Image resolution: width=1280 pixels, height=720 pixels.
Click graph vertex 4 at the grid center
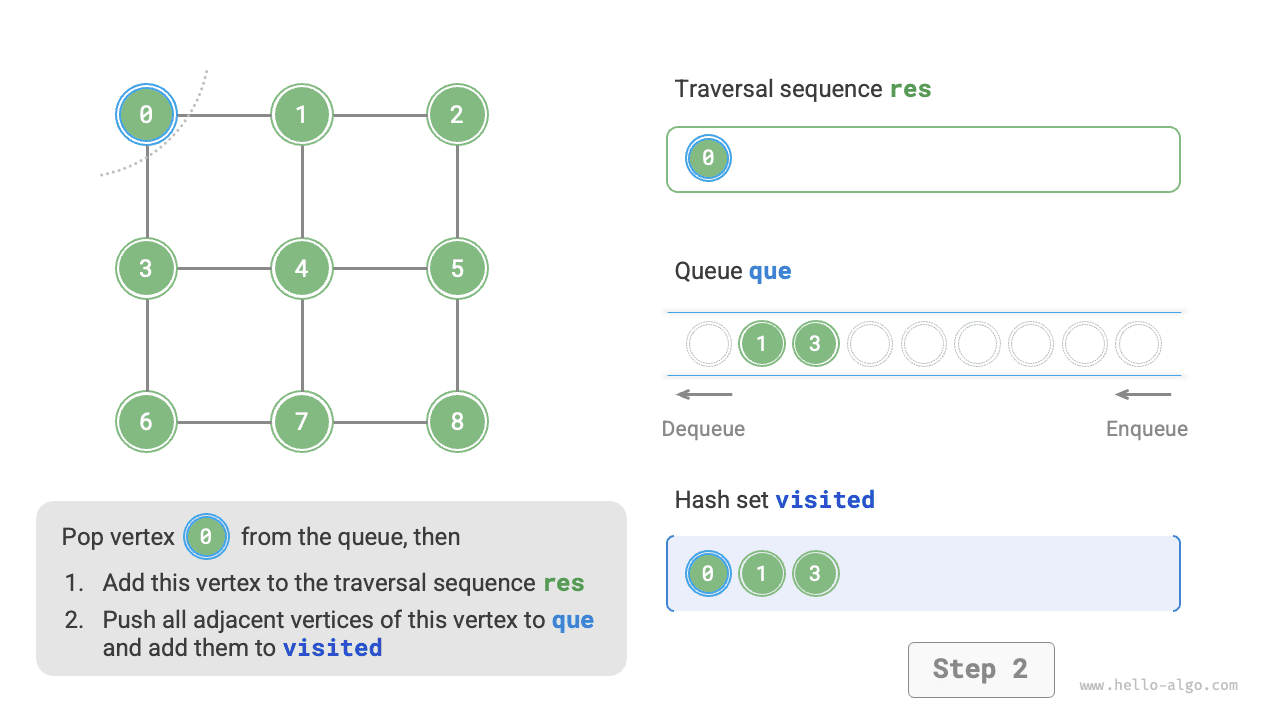(301, 268)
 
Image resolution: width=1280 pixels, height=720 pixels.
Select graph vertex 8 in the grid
(457, 422)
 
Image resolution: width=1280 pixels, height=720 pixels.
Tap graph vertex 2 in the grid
(457, 114)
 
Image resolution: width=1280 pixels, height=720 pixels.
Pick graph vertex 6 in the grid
(146, 422)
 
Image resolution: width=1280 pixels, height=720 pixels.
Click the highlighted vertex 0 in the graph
(146, 114)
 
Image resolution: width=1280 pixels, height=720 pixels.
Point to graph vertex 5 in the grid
(457, 268)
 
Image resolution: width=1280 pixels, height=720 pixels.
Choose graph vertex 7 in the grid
(301, 422)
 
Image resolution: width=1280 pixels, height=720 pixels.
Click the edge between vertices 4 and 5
(379, 268)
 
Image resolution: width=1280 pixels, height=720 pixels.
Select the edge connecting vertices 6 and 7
(224, 422)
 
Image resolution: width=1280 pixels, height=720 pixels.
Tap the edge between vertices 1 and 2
(379, 114)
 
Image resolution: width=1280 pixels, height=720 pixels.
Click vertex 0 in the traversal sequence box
(708, 158)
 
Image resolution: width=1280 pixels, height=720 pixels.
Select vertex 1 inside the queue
(762, 344)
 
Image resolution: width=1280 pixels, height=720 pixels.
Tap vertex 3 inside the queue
(815, 344)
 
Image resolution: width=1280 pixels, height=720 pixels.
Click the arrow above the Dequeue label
(704, 394)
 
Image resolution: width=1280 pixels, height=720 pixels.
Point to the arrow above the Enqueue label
(1143, 394)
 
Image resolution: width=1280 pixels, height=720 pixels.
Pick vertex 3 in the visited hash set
(815, 574)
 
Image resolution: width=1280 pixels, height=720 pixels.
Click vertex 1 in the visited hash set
(762, 574)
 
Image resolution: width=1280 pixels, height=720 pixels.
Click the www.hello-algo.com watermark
(1158, 686)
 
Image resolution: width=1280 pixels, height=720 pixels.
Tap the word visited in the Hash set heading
(825, 499)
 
